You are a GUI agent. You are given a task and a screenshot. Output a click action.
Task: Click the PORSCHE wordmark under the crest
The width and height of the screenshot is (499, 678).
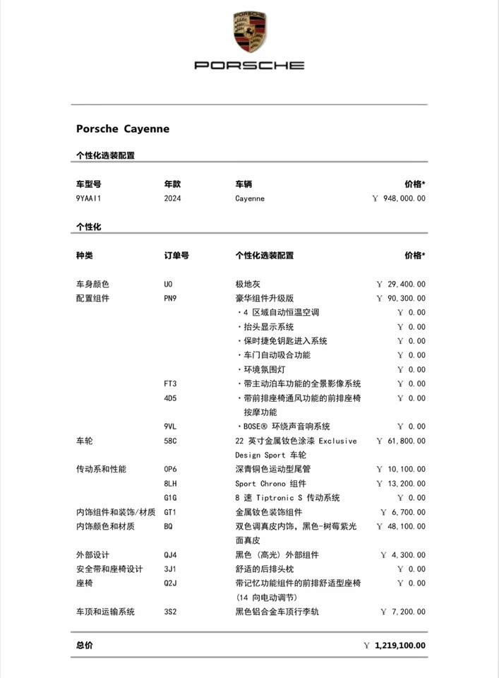(249, 65)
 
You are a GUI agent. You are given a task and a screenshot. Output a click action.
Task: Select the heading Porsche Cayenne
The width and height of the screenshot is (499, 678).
(123, 129)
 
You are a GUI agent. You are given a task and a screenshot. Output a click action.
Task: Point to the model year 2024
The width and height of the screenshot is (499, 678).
(172, 198)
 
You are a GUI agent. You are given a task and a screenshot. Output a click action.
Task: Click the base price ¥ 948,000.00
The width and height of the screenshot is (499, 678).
(399, 198)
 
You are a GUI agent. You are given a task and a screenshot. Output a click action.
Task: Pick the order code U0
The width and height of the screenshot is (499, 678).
(168, 284)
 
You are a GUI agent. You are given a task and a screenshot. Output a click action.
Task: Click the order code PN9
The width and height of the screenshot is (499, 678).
(170, 298)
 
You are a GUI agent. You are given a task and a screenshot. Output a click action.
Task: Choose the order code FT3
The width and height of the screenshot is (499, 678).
(170, 383)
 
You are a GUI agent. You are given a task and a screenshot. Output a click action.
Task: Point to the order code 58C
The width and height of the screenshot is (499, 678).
(170, 441)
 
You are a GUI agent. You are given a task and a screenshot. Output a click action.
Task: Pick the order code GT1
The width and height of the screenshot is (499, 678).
(170, 512)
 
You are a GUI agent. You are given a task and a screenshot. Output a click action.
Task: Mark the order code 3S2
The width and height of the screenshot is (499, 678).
(170, 612)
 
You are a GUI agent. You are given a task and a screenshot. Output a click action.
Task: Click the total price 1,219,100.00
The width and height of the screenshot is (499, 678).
(399, 645)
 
